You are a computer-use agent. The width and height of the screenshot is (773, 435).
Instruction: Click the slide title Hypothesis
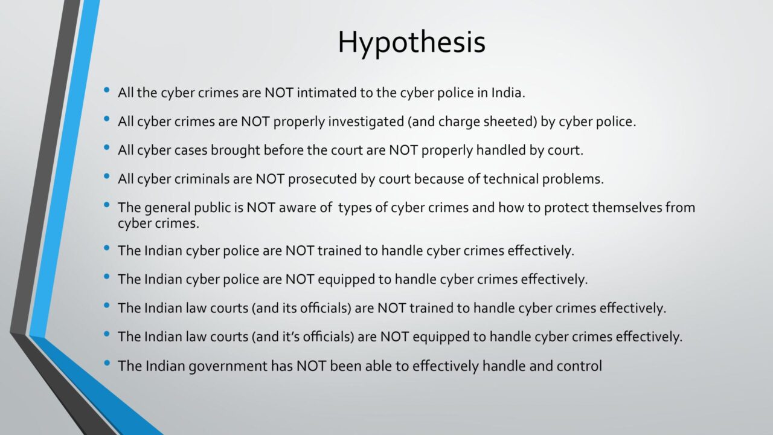tap(411, 43)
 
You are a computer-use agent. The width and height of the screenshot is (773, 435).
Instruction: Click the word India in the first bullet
tap(508, 92)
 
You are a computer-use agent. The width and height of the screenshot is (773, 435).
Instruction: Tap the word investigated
tap(366, 122)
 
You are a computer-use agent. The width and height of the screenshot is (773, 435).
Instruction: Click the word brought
tap(236, 150)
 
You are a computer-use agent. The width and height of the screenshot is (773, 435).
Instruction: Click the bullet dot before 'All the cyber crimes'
tap(107, 91)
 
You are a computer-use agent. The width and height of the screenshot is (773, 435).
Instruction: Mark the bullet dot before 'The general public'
tap(107, 205)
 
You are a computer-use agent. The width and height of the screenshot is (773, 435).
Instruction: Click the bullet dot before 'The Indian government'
tap(107, 363)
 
